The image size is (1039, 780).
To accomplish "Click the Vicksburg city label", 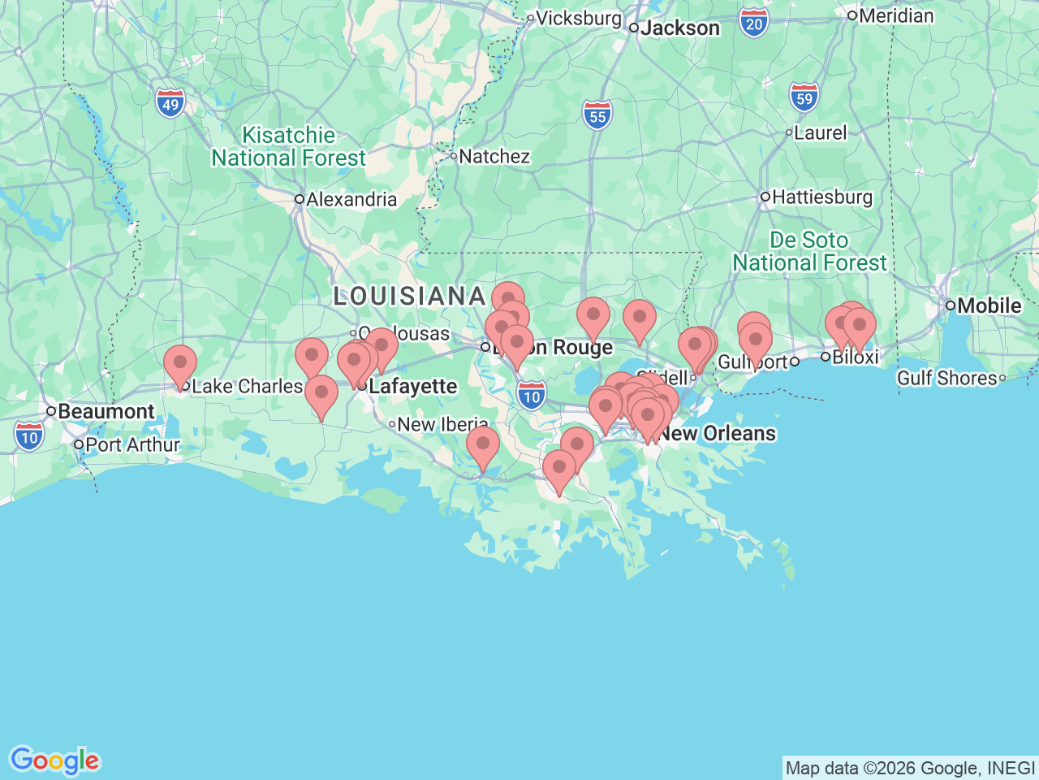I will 578,18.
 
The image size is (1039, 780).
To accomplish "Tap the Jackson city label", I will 679,28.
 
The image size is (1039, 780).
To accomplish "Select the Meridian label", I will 895,15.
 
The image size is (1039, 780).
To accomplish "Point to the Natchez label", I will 494,156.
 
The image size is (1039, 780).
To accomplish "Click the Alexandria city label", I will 351,199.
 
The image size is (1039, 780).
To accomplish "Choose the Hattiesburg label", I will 821,197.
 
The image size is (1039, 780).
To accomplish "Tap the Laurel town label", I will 820,132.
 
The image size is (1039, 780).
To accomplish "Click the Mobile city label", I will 989,305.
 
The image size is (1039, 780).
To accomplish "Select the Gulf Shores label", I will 946,378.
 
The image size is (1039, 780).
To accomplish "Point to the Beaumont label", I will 106,411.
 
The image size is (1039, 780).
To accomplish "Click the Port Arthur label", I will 131,444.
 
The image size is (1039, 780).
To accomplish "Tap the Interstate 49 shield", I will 170,103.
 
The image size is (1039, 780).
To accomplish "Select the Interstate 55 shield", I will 597,115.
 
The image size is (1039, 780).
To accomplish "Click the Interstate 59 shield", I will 804,97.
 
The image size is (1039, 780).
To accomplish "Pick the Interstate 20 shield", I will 754,23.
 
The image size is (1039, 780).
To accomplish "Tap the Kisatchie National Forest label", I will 289,146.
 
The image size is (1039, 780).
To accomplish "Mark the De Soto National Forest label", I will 809,251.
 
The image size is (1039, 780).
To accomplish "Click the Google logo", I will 54,760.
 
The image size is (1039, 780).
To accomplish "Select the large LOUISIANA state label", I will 410,296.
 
